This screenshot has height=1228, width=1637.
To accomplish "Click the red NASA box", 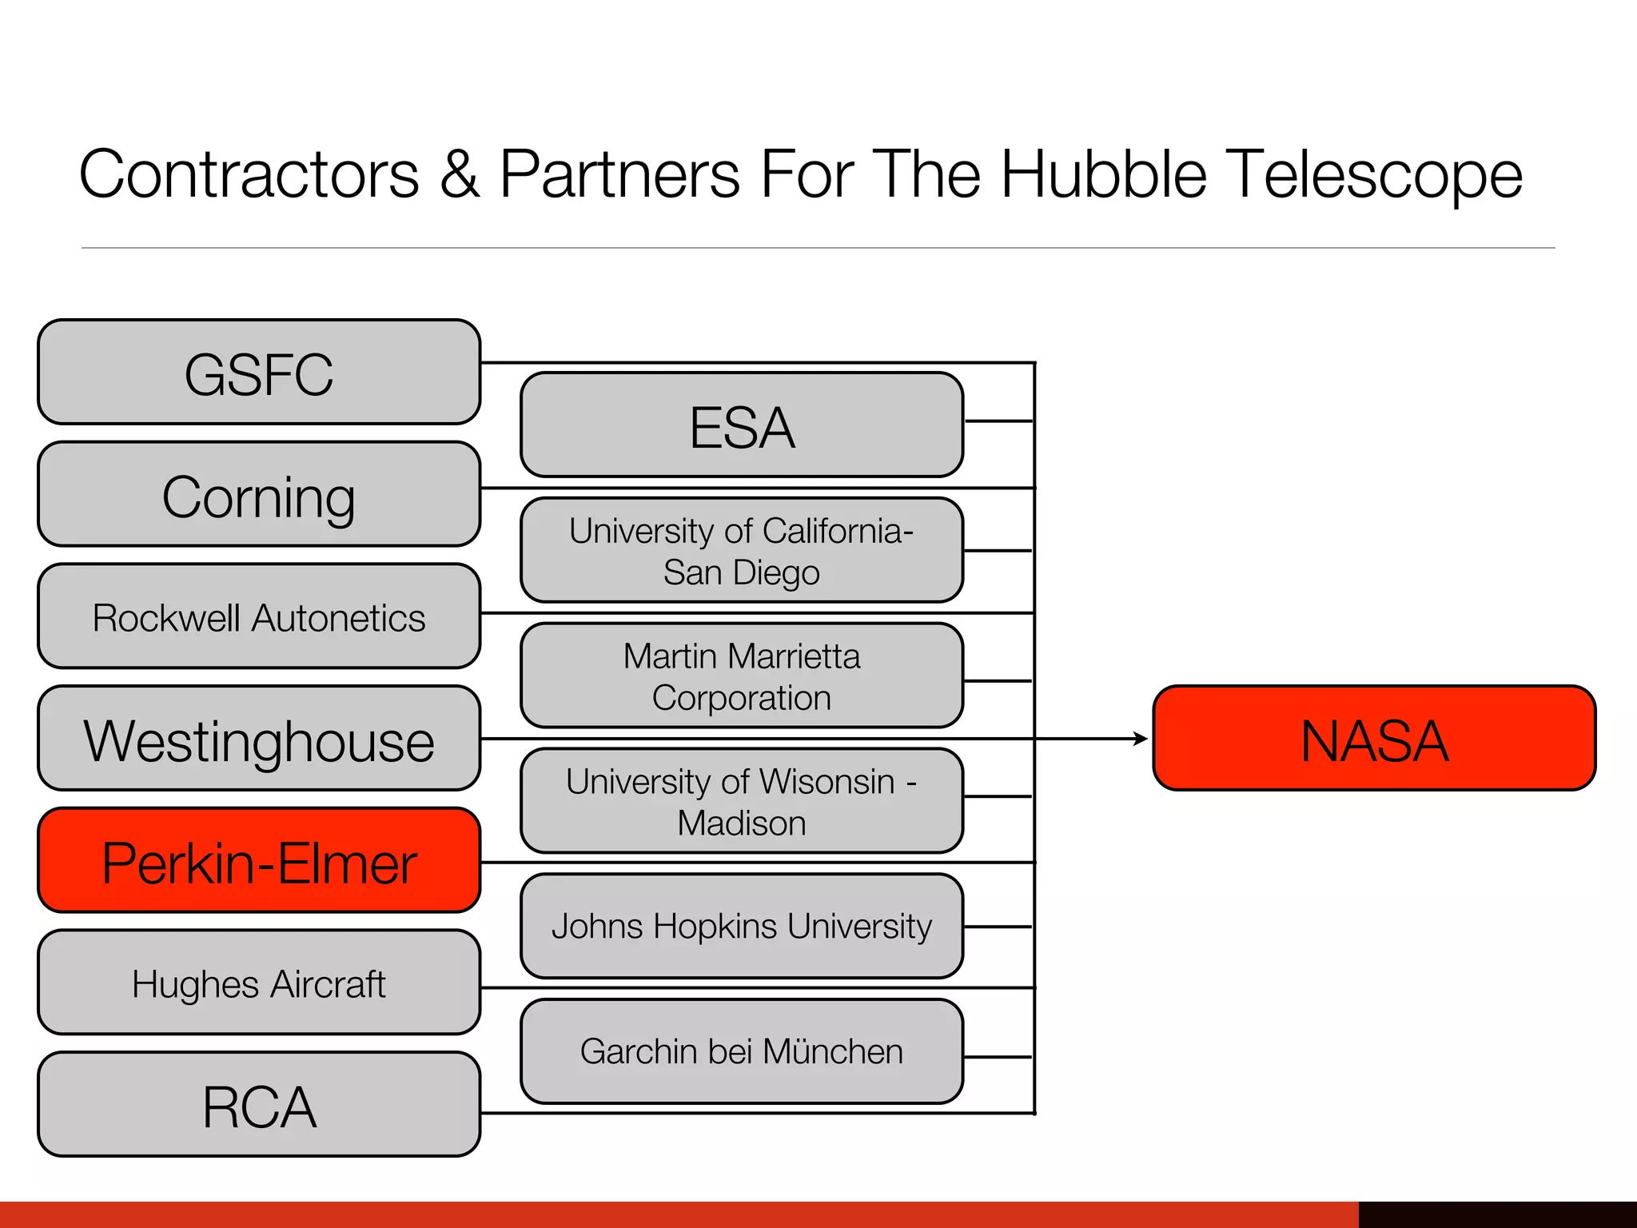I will pyautogui.click(x=1373, y=738).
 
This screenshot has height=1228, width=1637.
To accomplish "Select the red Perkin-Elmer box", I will pyautogui.click(x=259, y=860).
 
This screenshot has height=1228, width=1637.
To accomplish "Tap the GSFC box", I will pyautogui.click(x=259, y=373).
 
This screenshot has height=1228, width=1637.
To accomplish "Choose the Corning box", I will pyautogui.click(x=259, y=495).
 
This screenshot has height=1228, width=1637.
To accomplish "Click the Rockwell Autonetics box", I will pyautogui.click(x=259, y=616).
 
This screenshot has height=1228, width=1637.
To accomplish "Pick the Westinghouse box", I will pyautogui.click(x=259, y=739).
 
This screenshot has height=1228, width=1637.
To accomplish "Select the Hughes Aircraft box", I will pyautogui.click(x=259, y=983).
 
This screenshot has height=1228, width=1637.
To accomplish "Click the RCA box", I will pyautogui.click(x=259, y=1105).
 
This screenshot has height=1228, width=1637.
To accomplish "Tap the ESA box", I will pyautogui.click(x=742, y=425).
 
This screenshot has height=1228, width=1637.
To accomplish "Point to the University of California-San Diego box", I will pyautogui.click(x=742, y=551).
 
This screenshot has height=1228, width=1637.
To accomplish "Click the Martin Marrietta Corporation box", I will pyautogui.click(x=742, y=676).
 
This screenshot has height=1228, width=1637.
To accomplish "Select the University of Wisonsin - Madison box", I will pyautogui.click(x=742, y=801).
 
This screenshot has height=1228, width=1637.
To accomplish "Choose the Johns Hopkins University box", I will pyautogui.click(x=742, y=926).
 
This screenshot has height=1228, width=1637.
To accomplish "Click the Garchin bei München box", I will pyautogui.click(x=742, y=1051).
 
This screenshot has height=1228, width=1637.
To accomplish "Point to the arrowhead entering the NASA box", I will pyautogui.click(x=1141, y=739).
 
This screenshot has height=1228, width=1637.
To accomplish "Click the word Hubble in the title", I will pyautogui.click(x=1104, y=174).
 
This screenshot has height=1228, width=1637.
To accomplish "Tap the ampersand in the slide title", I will pyautogui.click(x=460, y=174).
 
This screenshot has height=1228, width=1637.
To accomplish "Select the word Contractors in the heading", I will pyautogui.click(x=249, y=174).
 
